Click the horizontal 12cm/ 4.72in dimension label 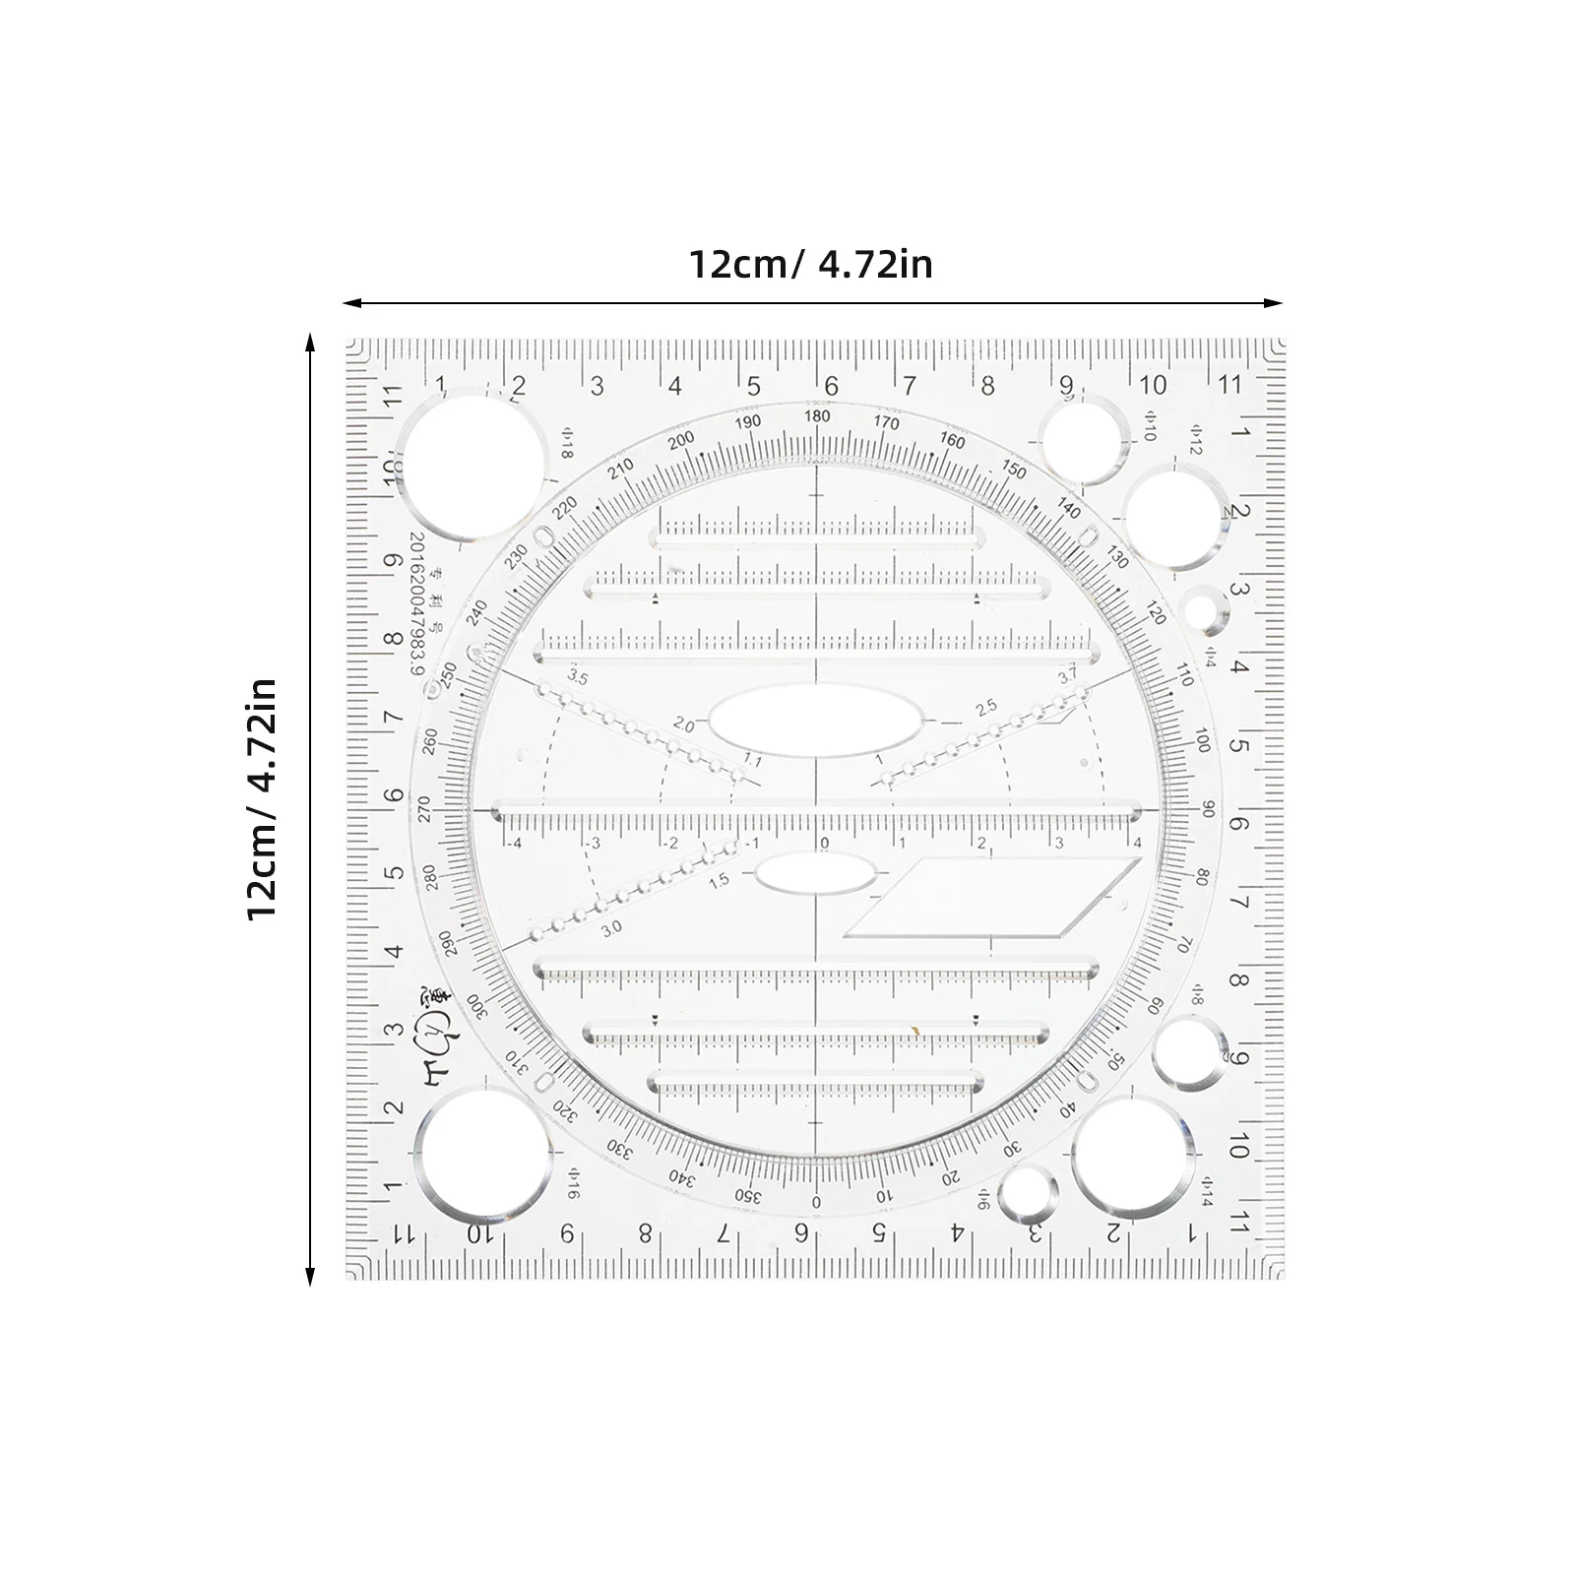tap(809, 265)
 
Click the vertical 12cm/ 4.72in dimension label tap(262, 798)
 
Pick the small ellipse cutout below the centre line tap(815, 873)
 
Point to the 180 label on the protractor tap(817, 416)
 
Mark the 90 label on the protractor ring tap(1208, 809)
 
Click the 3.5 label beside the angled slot tap(577, 677)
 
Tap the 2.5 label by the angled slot tap(985, 707)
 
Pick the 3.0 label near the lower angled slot tap(612, 927)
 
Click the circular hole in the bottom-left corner tap(482, 1153)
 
